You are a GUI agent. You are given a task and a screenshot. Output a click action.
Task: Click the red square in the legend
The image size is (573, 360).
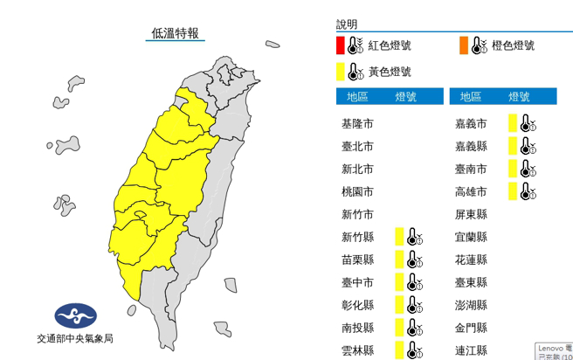click(341, 45)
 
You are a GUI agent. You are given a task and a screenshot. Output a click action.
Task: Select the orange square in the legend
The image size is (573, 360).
click(462, 45)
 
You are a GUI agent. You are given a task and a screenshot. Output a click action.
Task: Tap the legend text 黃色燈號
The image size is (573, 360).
click(389, 72)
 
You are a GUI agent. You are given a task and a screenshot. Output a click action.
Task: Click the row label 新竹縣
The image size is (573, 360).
click(358, 237)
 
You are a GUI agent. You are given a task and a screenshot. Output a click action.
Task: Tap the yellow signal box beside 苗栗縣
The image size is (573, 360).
click(399, 260)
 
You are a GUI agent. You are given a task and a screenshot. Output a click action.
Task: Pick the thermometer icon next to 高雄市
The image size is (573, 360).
click(528, 191)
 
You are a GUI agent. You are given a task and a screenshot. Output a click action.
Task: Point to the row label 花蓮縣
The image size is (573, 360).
click(471, 260)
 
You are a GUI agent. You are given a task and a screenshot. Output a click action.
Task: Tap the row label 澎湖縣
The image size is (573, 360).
click(471, 305)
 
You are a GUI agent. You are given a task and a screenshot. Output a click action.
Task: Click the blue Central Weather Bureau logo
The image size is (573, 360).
click(76, 316)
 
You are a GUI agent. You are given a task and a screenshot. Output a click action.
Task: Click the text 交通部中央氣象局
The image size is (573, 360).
click(77, 338)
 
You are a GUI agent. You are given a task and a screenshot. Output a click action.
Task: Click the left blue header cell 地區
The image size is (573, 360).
click(358, 96)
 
